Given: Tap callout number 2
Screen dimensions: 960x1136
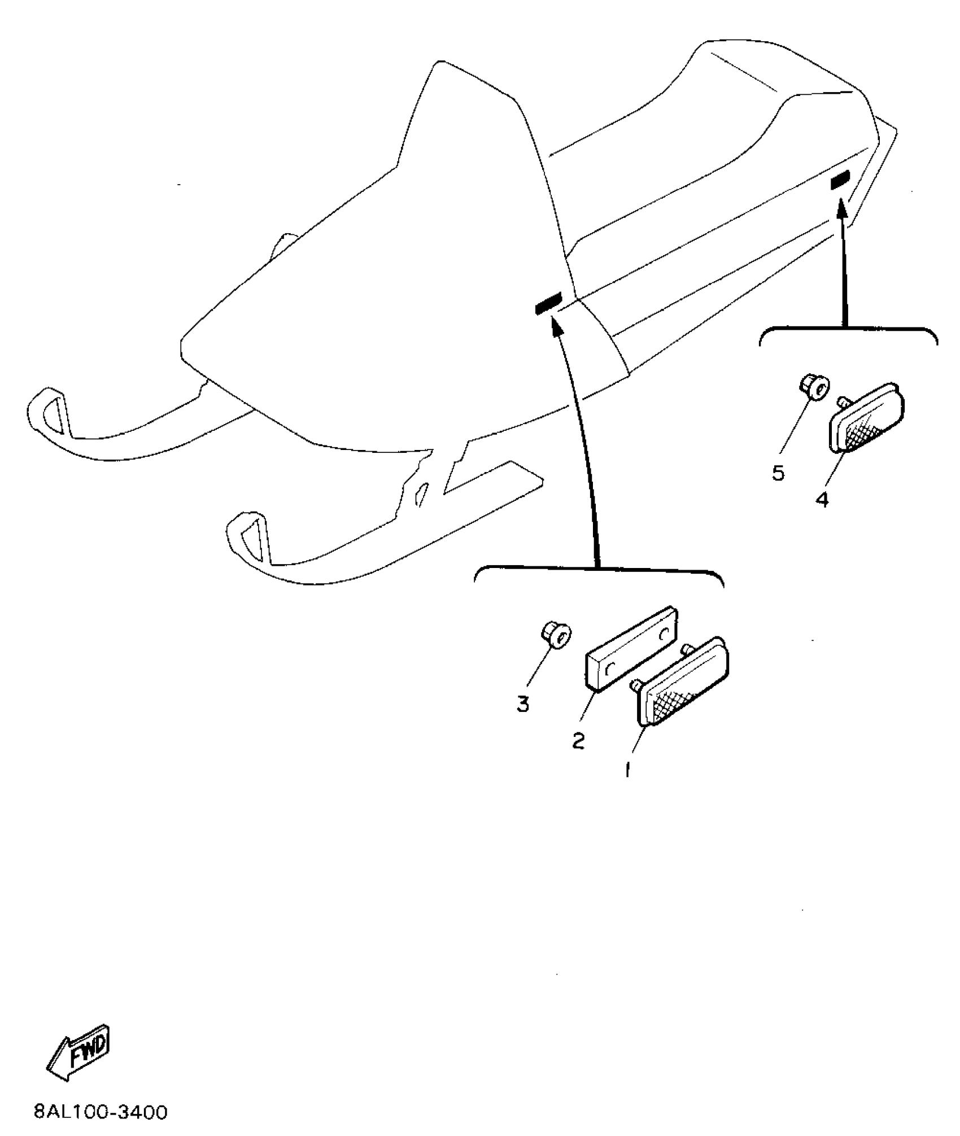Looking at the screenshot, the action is [578, 741].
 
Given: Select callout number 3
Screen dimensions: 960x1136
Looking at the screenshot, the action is [523, 704].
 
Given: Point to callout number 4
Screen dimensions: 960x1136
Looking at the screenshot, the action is [822, 499].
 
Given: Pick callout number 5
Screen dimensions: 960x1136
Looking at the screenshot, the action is [778, 473].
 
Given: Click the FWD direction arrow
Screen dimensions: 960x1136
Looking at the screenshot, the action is [78, 1051].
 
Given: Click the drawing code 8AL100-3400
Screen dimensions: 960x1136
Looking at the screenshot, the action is [101, 1113].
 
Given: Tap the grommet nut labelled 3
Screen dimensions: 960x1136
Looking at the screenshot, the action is [557, 636].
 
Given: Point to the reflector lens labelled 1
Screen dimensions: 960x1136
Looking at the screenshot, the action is [683, 681].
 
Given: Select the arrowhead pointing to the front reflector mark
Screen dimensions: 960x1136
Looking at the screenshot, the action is [555, 325].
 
